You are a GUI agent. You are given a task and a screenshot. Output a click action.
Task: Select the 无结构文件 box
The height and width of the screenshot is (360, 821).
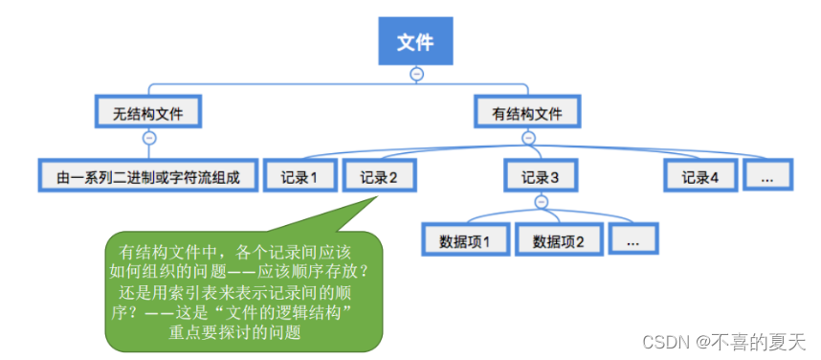coord(148,113)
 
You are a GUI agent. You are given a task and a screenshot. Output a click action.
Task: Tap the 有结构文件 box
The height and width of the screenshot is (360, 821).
coord(527,113)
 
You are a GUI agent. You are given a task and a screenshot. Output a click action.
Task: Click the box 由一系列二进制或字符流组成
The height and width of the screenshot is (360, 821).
coord(148,177)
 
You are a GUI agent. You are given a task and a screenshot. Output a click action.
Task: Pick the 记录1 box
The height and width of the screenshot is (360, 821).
coord(300,177)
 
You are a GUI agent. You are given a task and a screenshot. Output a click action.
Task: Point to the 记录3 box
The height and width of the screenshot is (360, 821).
coord(541,177)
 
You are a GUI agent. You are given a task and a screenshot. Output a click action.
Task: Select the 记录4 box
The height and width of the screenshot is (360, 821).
coord(700,177)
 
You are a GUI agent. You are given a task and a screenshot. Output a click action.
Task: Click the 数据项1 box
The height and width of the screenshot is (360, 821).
coord(464,240)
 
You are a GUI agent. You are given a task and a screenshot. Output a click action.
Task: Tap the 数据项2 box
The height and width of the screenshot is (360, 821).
coord(558,240)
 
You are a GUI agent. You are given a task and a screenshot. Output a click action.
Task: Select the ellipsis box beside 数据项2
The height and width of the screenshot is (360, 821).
coord(632,240)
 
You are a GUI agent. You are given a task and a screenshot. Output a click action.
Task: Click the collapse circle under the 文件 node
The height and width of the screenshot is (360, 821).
coord(415,74)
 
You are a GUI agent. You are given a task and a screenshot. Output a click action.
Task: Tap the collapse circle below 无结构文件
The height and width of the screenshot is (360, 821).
coord(148,138)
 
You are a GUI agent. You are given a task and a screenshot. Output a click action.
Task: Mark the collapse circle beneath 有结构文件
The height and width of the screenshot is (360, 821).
coord(527,138)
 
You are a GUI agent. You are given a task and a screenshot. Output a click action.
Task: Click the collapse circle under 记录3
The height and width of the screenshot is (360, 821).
coord(541,202)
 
